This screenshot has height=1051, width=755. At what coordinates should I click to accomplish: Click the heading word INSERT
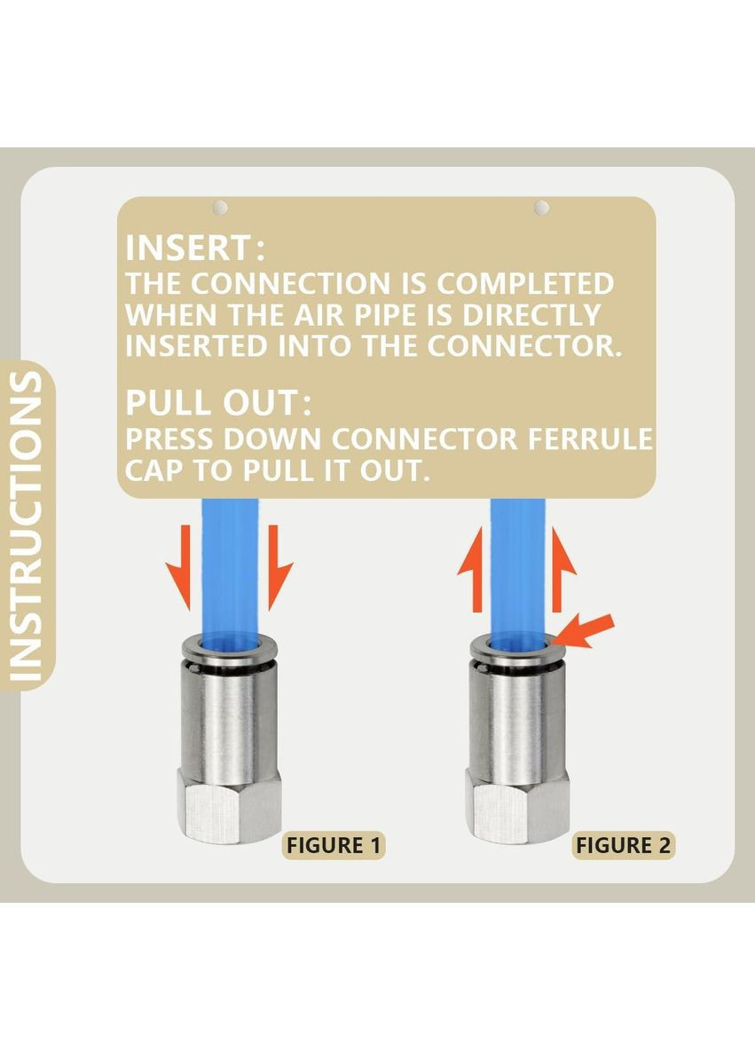click(188, 248)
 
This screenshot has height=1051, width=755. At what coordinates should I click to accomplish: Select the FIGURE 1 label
click(334, 845)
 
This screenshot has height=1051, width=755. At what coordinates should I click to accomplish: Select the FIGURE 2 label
click(623, 845)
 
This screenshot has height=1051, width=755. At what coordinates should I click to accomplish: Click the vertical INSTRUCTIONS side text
click(27, 527)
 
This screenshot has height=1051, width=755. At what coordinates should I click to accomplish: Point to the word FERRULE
click(589, 439)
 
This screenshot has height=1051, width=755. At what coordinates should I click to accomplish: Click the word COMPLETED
click(525, 283)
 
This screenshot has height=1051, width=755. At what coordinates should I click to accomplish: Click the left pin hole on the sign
click(220, 208)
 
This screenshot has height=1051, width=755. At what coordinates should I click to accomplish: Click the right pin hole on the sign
click(541, 208)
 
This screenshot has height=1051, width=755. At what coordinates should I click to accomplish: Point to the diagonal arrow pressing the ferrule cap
click(584, 631)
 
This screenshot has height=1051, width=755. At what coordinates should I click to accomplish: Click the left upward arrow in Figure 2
click(471, 569)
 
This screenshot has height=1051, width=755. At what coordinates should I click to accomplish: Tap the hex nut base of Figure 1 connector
click(229, 806)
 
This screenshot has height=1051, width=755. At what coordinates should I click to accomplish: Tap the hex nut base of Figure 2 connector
click(517, 806)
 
